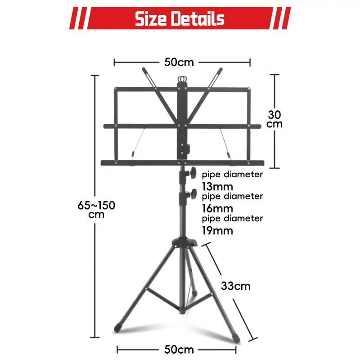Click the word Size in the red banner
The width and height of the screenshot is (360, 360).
tap(151, 18)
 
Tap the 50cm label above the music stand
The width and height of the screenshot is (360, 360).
tap(179, 62)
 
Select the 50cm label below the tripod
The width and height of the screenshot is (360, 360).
tap(179, 350)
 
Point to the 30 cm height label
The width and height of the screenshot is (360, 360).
tap(274, 119)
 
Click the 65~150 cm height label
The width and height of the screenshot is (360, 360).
tap(96, 210)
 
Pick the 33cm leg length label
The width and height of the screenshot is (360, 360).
tap(235, 286)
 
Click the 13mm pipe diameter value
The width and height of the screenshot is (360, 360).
tap(217, 187)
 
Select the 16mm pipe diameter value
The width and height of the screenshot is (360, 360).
tap(217, 209)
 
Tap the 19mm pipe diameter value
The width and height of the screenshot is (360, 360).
tap(217, 231)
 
